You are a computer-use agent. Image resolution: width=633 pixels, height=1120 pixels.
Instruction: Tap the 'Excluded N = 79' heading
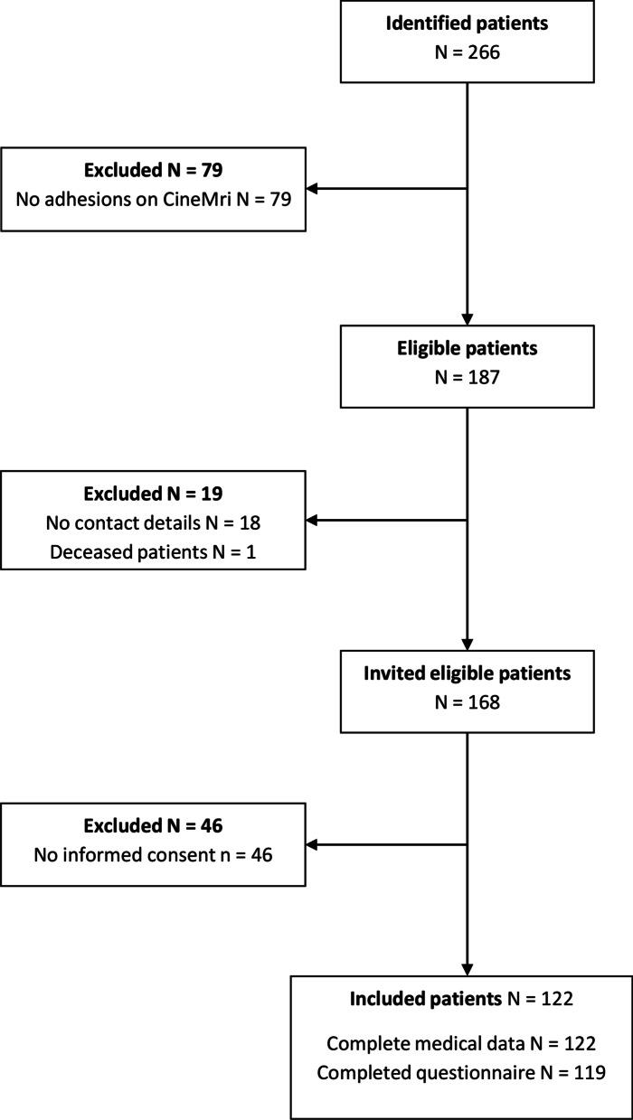153,170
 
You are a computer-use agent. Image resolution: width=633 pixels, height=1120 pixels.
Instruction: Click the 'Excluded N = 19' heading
153,495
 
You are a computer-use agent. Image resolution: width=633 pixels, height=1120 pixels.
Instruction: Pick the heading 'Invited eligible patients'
467,673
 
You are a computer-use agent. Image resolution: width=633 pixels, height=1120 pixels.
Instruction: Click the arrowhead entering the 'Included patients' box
467,967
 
